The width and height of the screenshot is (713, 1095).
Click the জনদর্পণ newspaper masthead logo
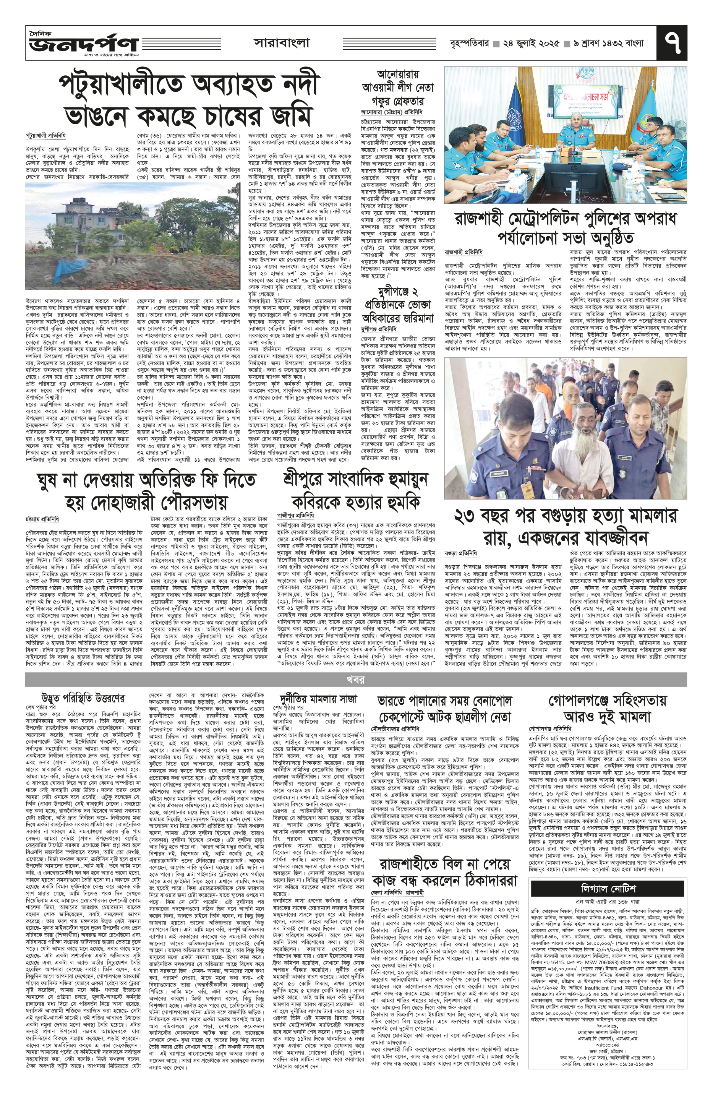83,44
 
